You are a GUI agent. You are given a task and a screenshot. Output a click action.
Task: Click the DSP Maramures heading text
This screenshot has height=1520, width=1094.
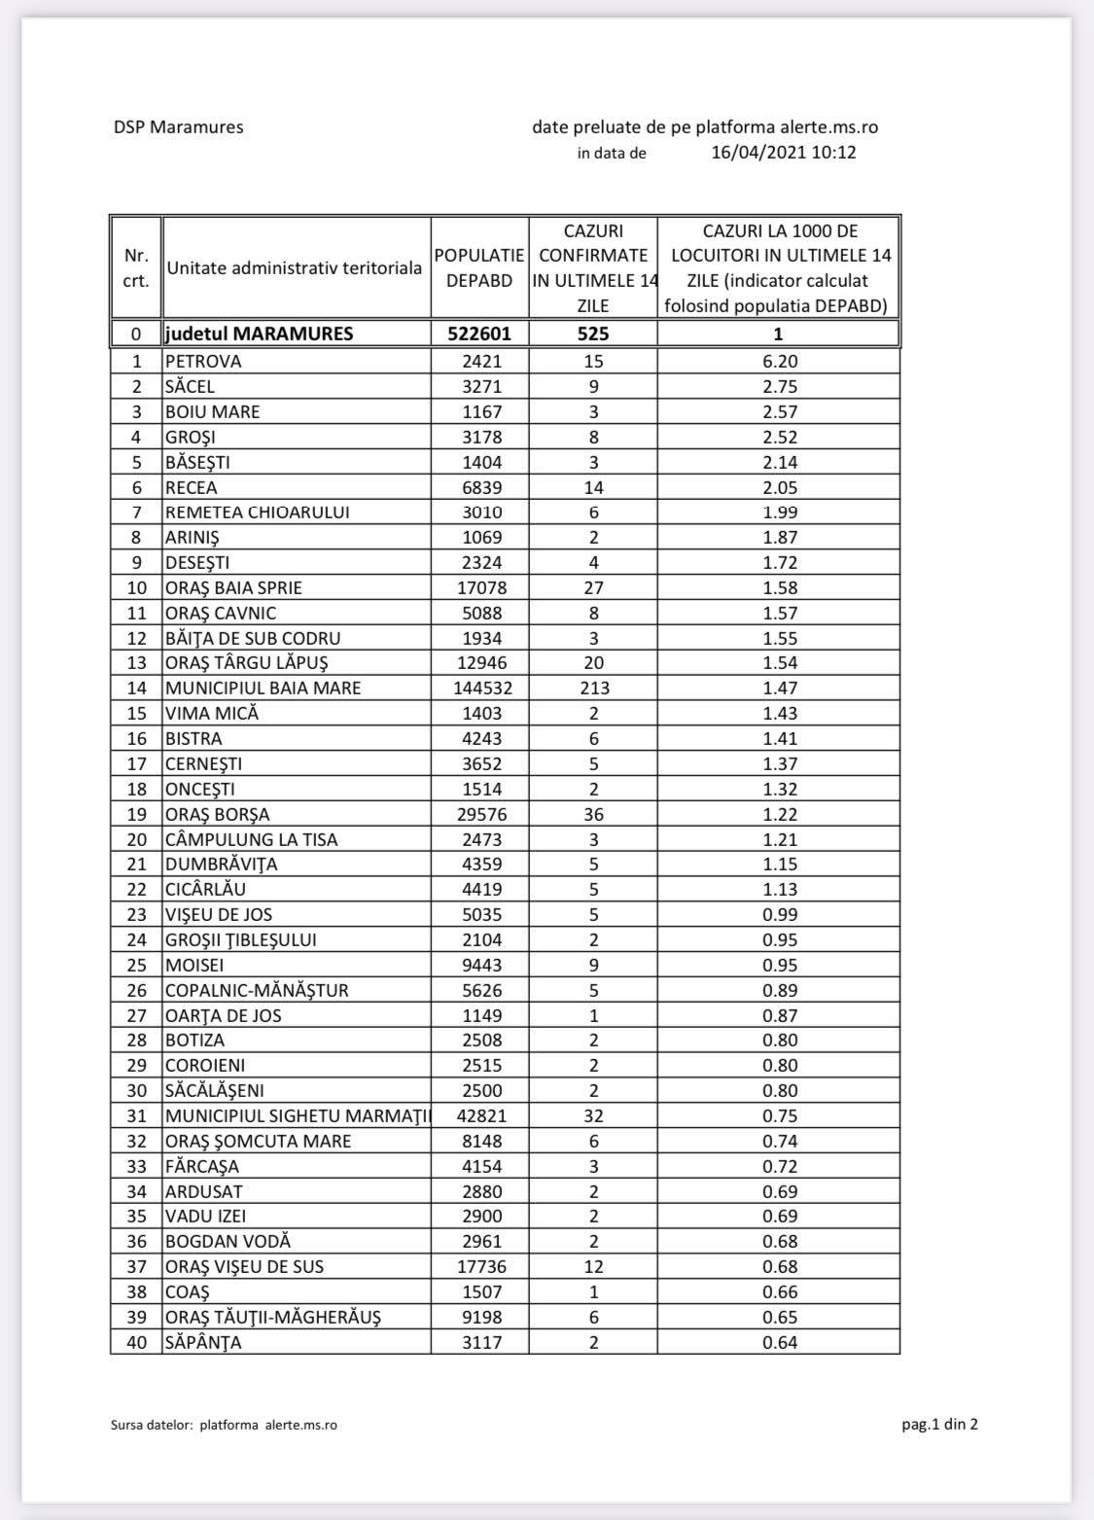178,127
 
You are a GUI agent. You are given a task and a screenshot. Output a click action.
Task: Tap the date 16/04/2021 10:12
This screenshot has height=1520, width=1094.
784,153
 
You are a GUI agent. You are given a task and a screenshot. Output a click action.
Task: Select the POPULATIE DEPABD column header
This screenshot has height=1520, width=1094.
479,267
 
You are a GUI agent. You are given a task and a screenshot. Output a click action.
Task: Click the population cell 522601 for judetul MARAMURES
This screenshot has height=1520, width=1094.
479,334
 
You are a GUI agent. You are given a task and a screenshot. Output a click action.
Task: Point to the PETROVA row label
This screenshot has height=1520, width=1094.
203,361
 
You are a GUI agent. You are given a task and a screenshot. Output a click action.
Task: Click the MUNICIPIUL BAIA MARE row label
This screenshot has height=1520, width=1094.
263,688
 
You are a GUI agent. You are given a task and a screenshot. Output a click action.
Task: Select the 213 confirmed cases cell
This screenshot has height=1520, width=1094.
593,688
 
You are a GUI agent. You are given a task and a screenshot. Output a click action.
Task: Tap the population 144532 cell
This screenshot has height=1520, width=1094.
479,688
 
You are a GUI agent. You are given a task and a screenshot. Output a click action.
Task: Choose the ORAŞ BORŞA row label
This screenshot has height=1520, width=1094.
218,814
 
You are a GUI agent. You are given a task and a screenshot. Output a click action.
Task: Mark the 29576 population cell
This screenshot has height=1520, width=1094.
480,814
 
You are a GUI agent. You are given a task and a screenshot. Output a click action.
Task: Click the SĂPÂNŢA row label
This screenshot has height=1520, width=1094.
203,1342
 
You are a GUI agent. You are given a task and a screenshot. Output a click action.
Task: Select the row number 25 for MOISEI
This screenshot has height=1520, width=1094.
136,965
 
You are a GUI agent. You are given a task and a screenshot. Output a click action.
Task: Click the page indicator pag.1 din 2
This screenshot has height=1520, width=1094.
939,1425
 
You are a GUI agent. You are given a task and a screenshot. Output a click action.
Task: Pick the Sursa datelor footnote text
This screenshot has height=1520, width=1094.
225,1425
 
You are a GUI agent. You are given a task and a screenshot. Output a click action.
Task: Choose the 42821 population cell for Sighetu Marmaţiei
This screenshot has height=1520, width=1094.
480,1115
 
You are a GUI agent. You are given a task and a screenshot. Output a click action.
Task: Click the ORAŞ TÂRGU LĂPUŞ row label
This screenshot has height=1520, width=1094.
246,662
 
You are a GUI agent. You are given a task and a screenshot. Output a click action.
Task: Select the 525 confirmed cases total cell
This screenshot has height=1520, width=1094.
593,334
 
